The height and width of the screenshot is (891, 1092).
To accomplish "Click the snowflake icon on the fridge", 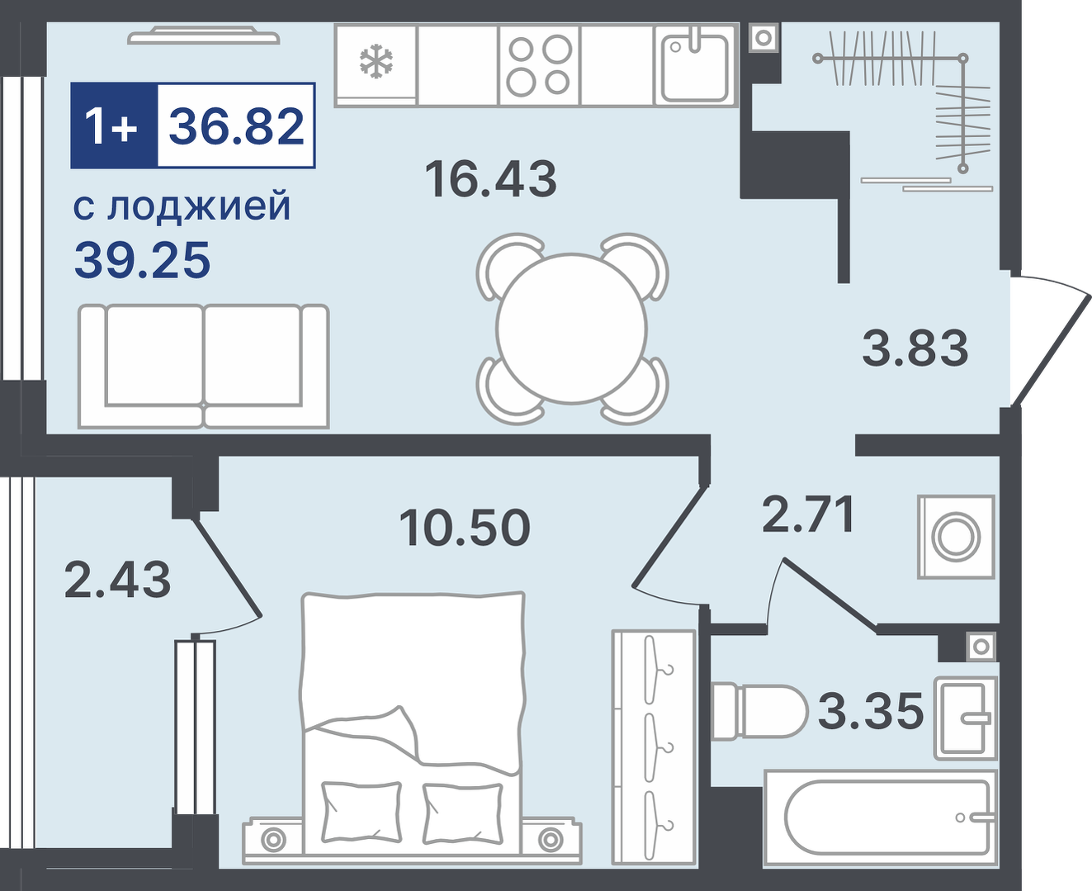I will click(x=376, y=62).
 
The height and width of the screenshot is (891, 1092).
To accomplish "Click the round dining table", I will click(x=572, y=329).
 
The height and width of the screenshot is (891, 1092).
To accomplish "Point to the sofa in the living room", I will click(x=203, y=366).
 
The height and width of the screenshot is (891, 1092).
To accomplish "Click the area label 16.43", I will click(x=490, y=179).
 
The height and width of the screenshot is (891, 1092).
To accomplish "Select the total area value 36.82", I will click(x=236, y=126).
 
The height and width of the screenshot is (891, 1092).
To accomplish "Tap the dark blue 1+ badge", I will click(x=113, y=126).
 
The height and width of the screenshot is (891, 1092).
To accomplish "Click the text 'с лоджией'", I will click(x=182, y=206).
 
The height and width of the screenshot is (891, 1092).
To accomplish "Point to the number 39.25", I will click(x=142, y=260).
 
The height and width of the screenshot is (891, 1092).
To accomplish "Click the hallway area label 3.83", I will click(x=915, y=348).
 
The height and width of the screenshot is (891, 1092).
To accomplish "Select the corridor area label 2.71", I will click(x=807, y=514).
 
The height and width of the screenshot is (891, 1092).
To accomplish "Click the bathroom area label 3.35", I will click(x=870, y=711).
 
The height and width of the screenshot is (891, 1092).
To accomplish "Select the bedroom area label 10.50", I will click(x=464, y=528).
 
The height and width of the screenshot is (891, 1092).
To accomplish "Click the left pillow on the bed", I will click(x=361, y=808).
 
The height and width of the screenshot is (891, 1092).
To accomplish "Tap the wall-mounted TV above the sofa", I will click(x=205, y=36).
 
